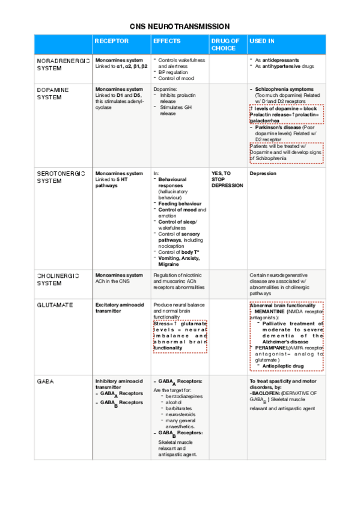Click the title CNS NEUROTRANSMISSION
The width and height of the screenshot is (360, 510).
(180, 26)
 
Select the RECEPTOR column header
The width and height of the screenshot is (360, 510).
(111, 41)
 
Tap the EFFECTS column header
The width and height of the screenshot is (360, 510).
(166, 41)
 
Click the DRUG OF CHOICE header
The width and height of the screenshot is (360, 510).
(225, 45)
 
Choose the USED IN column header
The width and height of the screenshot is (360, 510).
(262, 41)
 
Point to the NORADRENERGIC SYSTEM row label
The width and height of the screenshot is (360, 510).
(63, 65)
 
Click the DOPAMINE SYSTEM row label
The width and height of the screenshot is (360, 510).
(53, 93)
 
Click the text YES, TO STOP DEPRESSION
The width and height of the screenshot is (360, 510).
(227, 179)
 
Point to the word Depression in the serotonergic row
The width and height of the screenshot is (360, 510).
(263, 173)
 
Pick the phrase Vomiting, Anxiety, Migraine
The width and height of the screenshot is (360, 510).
(178, 260)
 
